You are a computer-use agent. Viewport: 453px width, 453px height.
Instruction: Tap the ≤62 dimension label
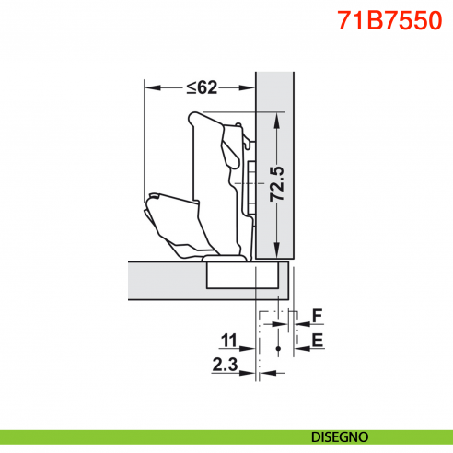click(x=201, y=87)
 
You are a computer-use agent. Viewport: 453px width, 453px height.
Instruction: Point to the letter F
click(x=316, y=316)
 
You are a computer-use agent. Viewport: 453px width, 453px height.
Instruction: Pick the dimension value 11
click(x=230, y=340)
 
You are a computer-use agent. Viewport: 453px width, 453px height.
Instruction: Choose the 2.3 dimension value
click(x=225, y=365)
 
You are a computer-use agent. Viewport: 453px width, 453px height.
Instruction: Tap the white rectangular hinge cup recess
click(x=239, y=274)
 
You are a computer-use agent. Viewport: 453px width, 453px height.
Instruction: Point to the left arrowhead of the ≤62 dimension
click(x=149, y=87)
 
